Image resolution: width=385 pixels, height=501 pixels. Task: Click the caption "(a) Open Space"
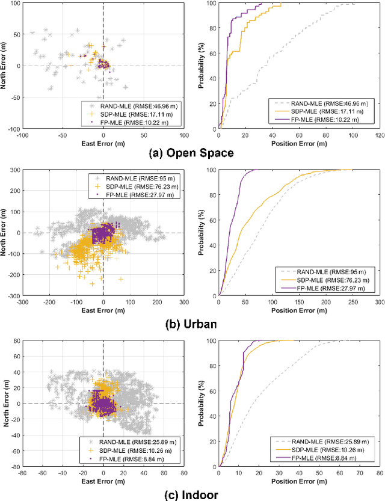191,153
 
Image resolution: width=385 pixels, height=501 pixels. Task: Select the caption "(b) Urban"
192,324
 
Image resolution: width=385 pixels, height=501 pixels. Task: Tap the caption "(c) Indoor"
191,494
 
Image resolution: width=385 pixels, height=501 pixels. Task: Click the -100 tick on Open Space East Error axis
23,135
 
